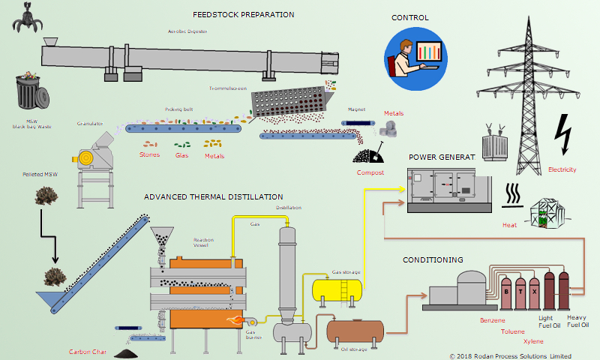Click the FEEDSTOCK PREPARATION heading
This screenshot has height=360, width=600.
click(x=243, y=14)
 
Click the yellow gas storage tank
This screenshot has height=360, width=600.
click(x=337, y=288)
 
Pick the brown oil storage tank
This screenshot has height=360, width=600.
click(x=355, y=329)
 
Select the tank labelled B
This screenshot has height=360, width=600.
click(x=508, y=290)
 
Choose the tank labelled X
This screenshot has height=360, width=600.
click(x=534, y=290)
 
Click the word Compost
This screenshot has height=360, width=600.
click(x=370, y=172)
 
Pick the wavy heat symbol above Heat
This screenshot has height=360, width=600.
click(x=513, y=194)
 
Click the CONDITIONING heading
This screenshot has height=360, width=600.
click(x=433, y=259)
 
